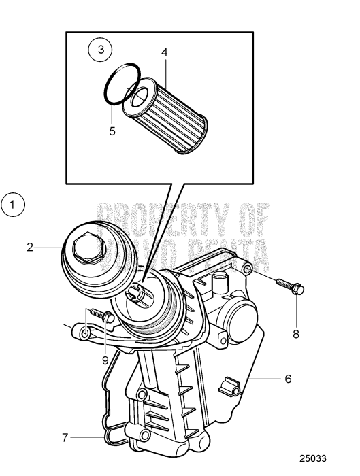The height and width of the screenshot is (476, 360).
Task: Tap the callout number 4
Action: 164,52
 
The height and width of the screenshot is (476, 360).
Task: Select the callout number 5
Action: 112,131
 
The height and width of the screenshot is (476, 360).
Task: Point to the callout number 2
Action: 30,248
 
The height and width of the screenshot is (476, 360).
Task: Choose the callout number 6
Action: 288,378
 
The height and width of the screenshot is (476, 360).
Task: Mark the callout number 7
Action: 65,437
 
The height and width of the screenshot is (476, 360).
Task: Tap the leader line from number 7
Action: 87,437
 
